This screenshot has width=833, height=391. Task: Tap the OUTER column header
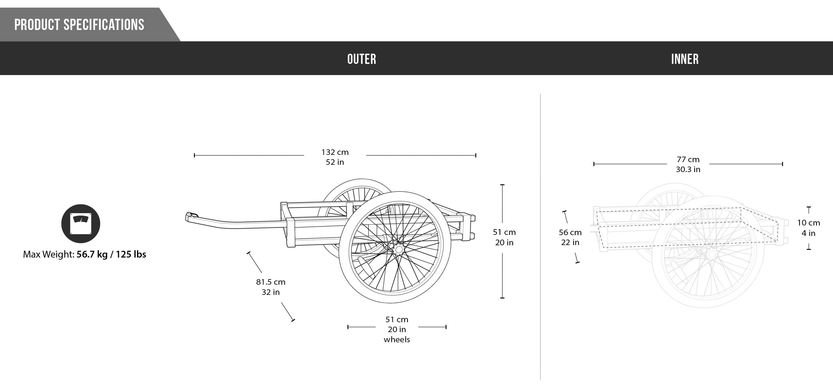[x=362, y=59]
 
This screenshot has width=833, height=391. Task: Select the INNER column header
[x=685, y=59]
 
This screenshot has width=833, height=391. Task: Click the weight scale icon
[x=80, y=224]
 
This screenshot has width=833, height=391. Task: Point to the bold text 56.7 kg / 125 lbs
[x=111, y=254]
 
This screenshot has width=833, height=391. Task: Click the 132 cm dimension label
[x=335, y=152]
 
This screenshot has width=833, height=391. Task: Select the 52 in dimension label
[x=335, y=162]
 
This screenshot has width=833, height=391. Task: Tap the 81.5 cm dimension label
[x=271, y=282]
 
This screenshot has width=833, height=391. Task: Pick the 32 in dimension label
[x=271, y=292]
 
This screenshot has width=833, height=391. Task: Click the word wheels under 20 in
[x=397, y=340]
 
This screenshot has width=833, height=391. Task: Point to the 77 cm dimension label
[x=688, y=160]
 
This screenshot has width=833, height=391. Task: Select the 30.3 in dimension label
[x=688, y=169]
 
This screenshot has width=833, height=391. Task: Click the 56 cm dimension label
[x=570, y=233]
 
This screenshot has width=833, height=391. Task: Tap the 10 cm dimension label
[x=809, y=223]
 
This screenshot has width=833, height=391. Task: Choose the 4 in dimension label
[x=809, y=233]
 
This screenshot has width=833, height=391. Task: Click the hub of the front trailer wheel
[x=398, y=249]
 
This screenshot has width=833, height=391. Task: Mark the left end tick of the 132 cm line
[x=194, y=155]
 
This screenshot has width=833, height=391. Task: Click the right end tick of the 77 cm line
[x=782, y=164]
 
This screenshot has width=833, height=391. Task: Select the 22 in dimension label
[x=570, y=242]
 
